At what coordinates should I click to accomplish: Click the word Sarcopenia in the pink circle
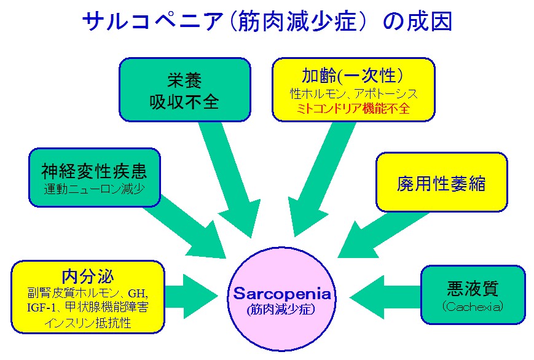(282, 294)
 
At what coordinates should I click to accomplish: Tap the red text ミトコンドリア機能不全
(353, 109)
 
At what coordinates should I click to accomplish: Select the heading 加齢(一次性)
(353, 76)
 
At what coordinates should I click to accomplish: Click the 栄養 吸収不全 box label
(184, 91)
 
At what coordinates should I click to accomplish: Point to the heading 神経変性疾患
(94, 171)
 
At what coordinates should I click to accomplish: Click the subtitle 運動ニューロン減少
(95, 189)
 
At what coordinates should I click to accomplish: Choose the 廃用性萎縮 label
(441, 184)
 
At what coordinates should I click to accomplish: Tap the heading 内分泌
(88, 276)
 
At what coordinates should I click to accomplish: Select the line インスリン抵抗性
(88, 323)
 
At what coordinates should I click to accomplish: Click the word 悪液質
(473, 289)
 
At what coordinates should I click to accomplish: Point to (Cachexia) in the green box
(473, 307)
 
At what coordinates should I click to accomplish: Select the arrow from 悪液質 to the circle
(385, 297)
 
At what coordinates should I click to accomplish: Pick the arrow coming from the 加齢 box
(322, 179)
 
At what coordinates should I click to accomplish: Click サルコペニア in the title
(152, 22)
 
